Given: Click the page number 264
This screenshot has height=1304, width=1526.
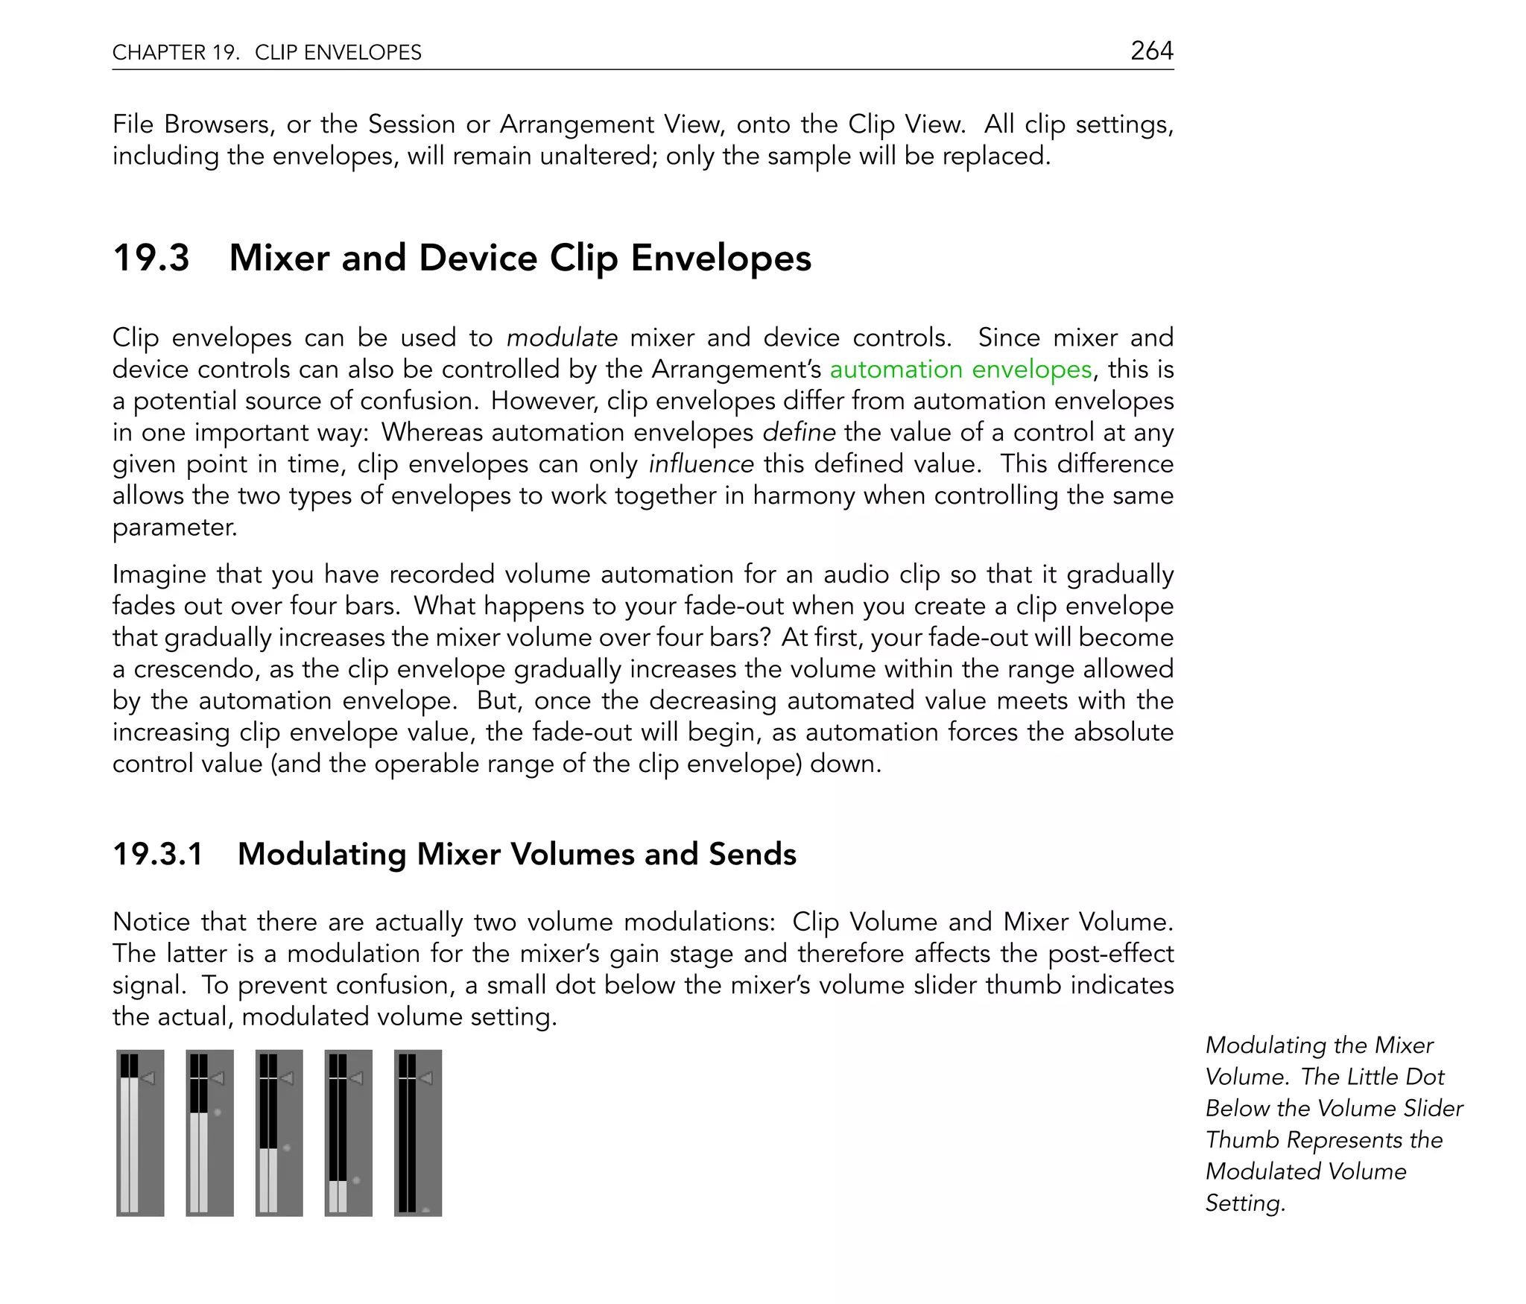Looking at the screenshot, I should [x=1151, y=51].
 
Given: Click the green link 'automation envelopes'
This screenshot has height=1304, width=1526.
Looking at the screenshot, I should [x=960, y=370].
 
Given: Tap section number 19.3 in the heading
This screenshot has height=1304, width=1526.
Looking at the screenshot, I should [x=151, y=258].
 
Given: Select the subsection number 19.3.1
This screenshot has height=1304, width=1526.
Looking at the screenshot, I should [x=158, y=854].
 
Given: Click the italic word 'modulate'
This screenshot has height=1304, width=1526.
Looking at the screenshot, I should [x=562, y=338].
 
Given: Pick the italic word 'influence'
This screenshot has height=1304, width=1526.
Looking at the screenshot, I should [x=701, y=464].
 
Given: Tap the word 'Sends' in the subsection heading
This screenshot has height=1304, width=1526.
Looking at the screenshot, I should [x=753, y=854].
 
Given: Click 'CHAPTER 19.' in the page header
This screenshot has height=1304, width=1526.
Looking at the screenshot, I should [x=176, y=52].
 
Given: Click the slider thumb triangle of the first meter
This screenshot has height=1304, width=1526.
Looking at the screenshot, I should [x=148, y=1077].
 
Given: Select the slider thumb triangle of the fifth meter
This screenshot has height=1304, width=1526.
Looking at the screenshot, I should [x=426, y=1077].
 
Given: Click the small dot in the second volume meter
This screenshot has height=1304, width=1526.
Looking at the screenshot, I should [x=217, y=1112].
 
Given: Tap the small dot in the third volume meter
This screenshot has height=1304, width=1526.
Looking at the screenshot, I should [x=287, y=1148].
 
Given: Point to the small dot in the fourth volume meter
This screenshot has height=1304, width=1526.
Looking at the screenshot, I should [x=356, y=1180].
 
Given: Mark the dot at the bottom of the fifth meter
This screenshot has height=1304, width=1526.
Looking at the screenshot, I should [x=425, y=1210].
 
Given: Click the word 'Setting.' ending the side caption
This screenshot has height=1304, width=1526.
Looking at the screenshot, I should [x=1245, y=1203].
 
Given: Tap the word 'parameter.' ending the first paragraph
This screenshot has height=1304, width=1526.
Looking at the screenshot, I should [x=174, y=528].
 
